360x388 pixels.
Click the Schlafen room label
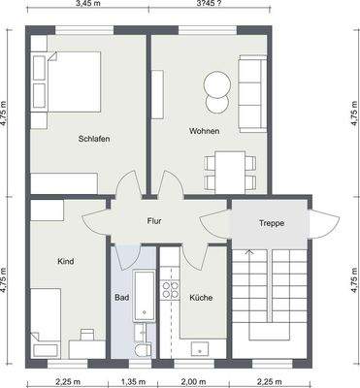click(x=94, y=139)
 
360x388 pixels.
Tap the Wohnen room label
click(x=204, y=131)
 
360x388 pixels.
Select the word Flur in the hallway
click(x=153, y=220)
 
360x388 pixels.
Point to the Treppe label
click(x=271, y=223)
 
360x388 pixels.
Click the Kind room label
click(x=66, y=261)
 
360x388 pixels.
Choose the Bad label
click(x=121, y=297)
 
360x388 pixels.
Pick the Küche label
click(x=201, y=298)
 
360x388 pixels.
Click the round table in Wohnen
click(x=215, y=86)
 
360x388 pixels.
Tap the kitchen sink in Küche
click(x=202, y=346)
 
